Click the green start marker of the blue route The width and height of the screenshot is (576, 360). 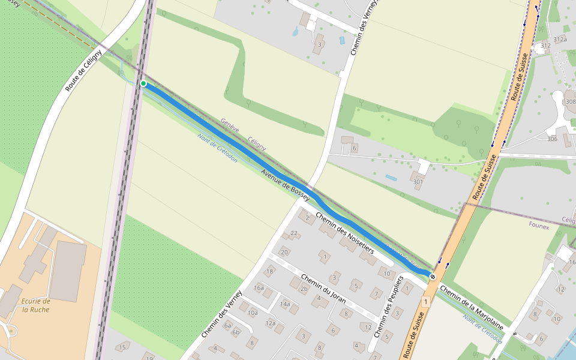[143, 83]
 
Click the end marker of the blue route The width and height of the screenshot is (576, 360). [432, 276]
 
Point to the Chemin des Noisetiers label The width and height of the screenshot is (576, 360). [344, 233]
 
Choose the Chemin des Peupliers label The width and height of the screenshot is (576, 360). [389, 305]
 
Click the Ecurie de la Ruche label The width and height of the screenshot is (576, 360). [35, 305]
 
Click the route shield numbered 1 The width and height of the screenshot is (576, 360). [425, 301]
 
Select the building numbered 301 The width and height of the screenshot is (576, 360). [418, 182]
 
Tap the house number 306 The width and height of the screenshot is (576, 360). [552, 139]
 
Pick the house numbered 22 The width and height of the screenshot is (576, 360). [294, 233]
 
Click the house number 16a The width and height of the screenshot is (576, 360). [259, 288]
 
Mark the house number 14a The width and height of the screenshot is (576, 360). [285, 304]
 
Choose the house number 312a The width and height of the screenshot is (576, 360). [560, 39]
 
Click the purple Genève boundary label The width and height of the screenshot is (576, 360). [230, 125]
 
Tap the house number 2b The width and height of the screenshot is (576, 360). [304, 289]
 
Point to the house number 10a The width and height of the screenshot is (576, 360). [253, 313]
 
